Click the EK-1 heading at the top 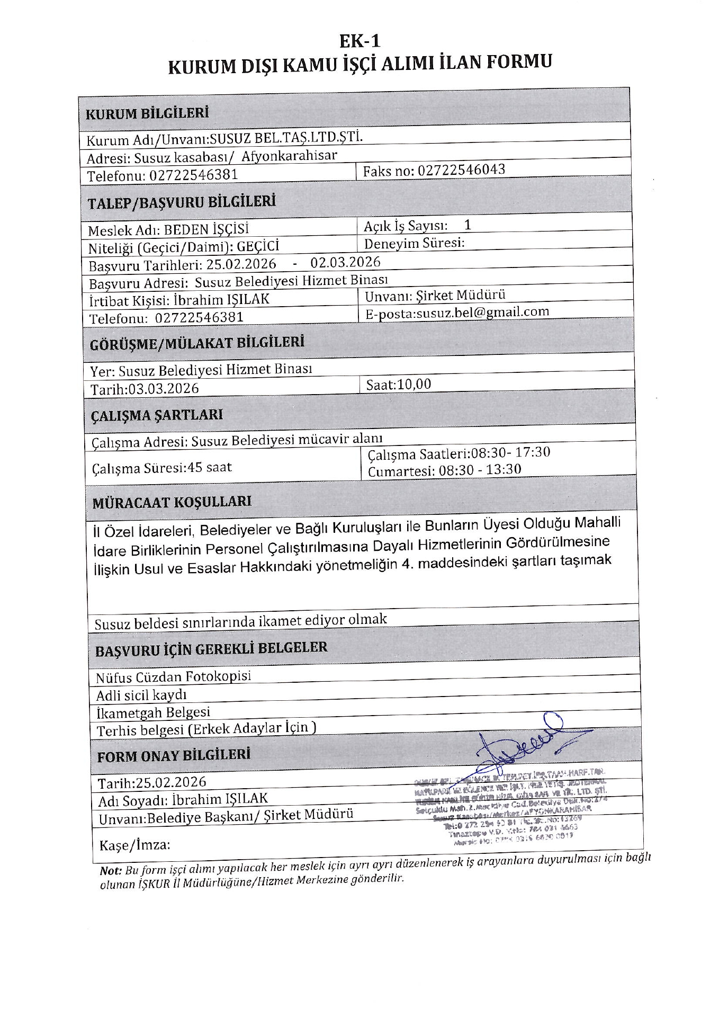359,41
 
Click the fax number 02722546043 461,170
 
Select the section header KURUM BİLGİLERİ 147,113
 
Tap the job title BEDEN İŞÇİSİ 206,229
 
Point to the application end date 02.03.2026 345,262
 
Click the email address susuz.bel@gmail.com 482,312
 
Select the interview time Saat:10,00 399,384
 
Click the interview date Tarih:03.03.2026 145,389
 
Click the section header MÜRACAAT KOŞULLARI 172,502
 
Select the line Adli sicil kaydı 141,695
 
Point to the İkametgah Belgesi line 153,712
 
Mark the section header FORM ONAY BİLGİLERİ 173,755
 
